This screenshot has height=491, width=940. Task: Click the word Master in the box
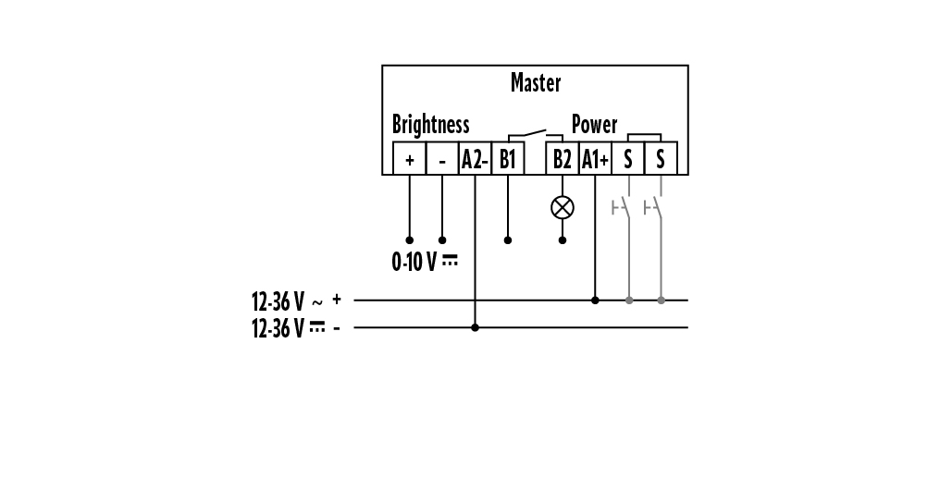click(535, 83)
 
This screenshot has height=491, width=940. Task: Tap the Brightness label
click(430, 124)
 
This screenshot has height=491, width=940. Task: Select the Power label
click(594, 124)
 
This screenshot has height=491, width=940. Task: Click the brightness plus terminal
click(409, 159)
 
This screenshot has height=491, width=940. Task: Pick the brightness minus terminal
click(442, 159)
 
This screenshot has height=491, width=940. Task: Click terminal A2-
click(475, 159)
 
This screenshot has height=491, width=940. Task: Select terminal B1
click(508, 159)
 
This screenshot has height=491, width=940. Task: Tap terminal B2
click(563, 159)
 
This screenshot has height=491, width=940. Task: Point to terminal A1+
click(595, 159)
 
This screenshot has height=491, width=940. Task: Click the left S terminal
click(628, 159)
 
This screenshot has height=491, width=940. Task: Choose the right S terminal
click(661, 159)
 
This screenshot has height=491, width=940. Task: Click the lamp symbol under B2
click(563, 207)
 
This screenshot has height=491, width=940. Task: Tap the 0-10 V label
click(425, 262)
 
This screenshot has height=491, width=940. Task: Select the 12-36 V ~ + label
click(296, 301)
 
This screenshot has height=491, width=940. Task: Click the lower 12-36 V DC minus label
click(296, 328)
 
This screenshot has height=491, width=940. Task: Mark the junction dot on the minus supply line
click(475, 327)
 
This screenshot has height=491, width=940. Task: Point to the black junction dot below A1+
click(595, 300)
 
